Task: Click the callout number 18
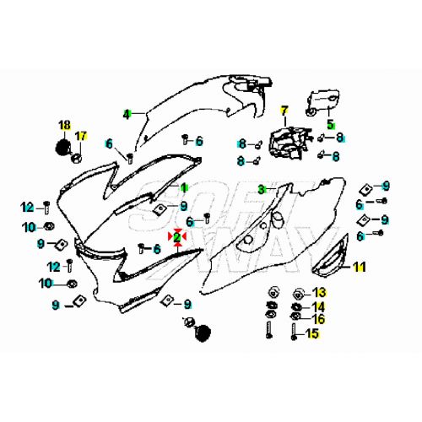(x=65, y=125)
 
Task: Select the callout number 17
(x=81, y=136)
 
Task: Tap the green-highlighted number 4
(x=127, y=114)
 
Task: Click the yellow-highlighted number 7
(x=284, y=111)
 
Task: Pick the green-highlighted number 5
(x=331, y=124)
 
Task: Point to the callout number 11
(x=360, y=267)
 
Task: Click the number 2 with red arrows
(x=177, y=237)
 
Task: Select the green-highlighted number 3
(x=262, y=189)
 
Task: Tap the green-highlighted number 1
(x=184, y=187)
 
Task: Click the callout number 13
(x=320, y=293)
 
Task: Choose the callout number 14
(x=319, y=306)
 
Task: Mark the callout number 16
(x=319, y=319)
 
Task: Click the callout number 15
(x=312, y=333)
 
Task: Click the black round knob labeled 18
(x=62, y=147)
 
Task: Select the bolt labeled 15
(x=294, y=332)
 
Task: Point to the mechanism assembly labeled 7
(x=289, y=143)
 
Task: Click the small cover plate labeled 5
(x=323, y=102)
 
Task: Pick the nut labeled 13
(x=298, y=295)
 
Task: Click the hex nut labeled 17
(x=77, y=159)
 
